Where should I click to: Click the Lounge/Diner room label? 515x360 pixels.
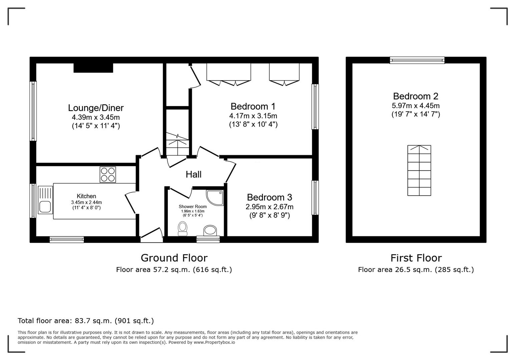(96, 108)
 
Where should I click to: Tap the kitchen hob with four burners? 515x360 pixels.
(108, 174)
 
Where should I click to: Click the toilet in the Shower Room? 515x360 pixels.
(182, 229)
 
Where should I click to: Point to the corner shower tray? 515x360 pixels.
(215, 197)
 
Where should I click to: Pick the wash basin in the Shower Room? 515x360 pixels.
(210, 230)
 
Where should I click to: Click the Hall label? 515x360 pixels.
(193, 174)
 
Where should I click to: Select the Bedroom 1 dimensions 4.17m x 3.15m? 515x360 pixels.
(253, 116)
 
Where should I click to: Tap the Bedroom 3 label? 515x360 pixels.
(270, 197)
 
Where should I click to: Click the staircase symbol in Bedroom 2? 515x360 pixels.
(419, 170)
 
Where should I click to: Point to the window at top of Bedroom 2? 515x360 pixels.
(417, 60)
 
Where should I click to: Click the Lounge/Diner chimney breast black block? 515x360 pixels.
(93, 68)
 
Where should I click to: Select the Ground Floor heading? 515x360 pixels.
(174, 258)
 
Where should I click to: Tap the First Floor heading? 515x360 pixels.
(416, 258)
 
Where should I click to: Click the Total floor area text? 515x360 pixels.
(86, 321)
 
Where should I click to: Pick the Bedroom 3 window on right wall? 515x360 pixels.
(315, 198)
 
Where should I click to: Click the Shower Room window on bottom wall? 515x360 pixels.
(208, 239)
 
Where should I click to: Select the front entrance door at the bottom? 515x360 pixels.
(151, 235)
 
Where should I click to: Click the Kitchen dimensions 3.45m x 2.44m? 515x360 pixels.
(86, 202)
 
